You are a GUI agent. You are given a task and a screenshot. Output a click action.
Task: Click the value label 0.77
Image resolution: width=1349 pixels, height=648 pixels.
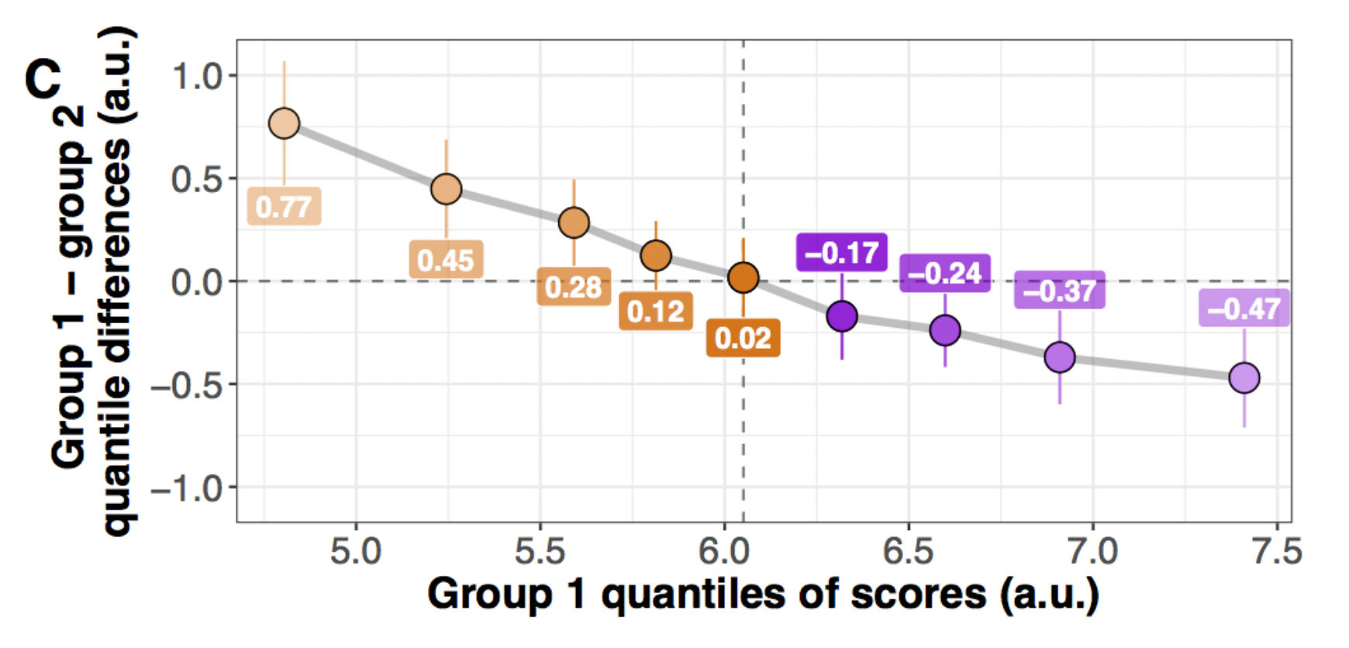coord(284,207)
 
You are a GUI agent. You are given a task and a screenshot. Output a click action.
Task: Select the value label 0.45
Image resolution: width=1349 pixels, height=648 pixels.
coord(446,260)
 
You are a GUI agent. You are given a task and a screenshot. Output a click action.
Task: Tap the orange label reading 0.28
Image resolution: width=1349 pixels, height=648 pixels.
coord(574,288)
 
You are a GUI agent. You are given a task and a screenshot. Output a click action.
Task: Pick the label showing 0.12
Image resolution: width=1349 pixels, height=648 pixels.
coord(656,312)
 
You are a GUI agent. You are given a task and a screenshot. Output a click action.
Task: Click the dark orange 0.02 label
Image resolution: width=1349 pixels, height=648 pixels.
coord(743,339)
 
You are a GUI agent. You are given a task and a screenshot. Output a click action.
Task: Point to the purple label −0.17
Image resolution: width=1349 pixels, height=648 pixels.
coord(842,253)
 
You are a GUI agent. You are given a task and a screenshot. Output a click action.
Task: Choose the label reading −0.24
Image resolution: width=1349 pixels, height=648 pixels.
coord(944,273)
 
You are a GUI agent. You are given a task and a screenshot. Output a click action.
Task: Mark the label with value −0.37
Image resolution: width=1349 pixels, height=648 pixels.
coord(1059,291)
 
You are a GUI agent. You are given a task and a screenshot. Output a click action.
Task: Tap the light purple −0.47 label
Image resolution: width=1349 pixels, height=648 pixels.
coord(1244,308)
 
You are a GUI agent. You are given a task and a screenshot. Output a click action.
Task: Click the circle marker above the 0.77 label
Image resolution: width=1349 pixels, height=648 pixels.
coord(285,123)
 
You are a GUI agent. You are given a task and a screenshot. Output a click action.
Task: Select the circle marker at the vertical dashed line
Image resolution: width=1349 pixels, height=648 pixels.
coord(744,277)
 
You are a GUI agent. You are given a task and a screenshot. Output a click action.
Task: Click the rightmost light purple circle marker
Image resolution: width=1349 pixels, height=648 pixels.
coord(1244,378)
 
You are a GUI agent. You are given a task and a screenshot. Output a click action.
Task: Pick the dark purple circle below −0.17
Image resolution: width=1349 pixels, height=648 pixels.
coord(842,316)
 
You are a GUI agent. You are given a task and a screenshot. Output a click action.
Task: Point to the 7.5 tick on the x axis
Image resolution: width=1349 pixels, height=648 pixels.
coord(1276,552)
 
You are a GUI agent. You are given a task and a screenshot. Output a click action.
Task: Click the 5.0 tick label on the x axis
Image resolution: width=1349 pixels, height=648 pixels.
coord(356,552)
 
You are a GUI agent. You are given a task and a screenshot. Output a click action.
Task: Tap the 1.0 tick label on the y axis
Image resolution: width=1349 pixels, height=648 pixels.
coord(197,76)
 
